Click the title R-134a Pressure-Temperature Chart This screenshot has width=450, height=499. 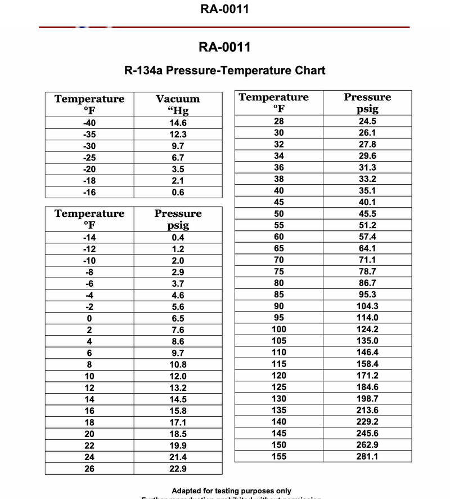tap(224, 71)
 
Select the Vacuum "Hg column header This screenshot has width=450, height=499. tap(178, 105)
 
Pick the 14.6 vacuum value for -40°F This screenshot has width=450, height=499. tap(178, 123)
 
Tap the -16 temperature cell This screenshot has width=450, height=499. tap(89, 192)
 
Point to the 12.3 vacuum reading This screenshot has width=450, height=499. tap(178, 135)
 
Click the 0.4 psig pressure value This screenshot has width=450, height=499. tap(178, 237)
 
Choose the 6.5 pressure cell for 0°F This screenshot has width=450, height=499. tap(178, 318)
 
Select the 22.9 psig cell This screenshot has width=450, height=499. tap(178, 469)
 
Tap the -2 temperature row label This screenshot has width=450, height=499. tap(89, 307)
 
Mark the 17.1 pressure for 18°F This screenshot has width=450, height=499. tap(178, 422)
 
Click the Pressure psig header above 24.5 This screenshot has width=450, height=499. tap(367, 103)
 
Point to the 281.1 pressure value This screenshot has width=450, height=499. tap(367, 456)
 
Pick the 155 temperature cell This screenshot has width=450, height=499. tap(279, 456)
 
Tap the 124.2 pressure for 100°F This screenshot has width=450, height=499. tap(367, 329)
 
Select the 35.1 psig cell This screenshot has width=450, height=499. tap(367, 190)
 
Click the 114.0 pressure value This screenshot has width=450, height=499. tap(367, 318)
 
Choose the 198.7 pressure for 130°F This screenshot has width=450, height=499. tap(367, 399)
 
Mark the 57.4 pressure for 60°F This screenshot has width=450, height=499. tap(367, 237)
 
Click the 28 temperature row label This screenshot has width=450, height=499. tap(279, 121)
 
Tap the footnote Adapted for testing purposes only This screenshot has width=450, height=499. tap(231, 491)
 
